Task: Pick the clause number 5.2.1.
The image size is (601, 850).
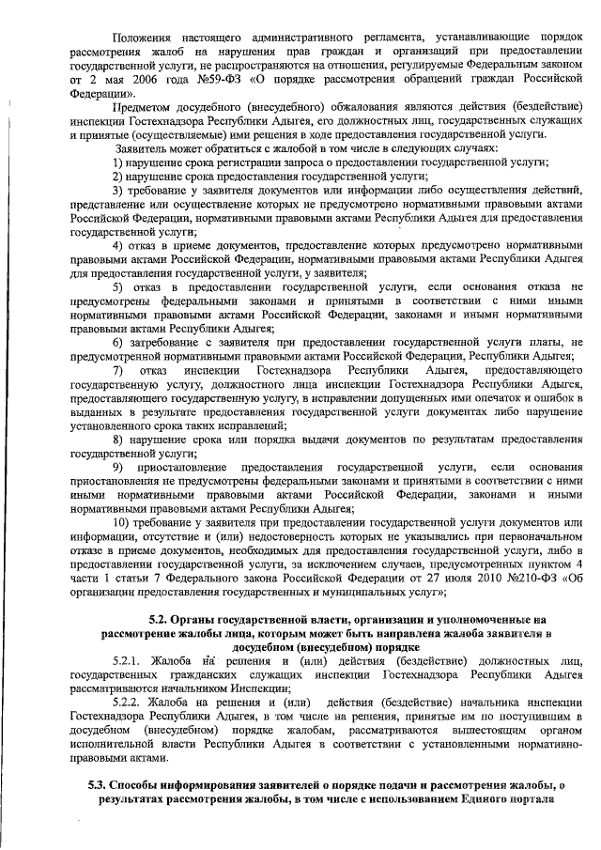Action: [x=128, y=660]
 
